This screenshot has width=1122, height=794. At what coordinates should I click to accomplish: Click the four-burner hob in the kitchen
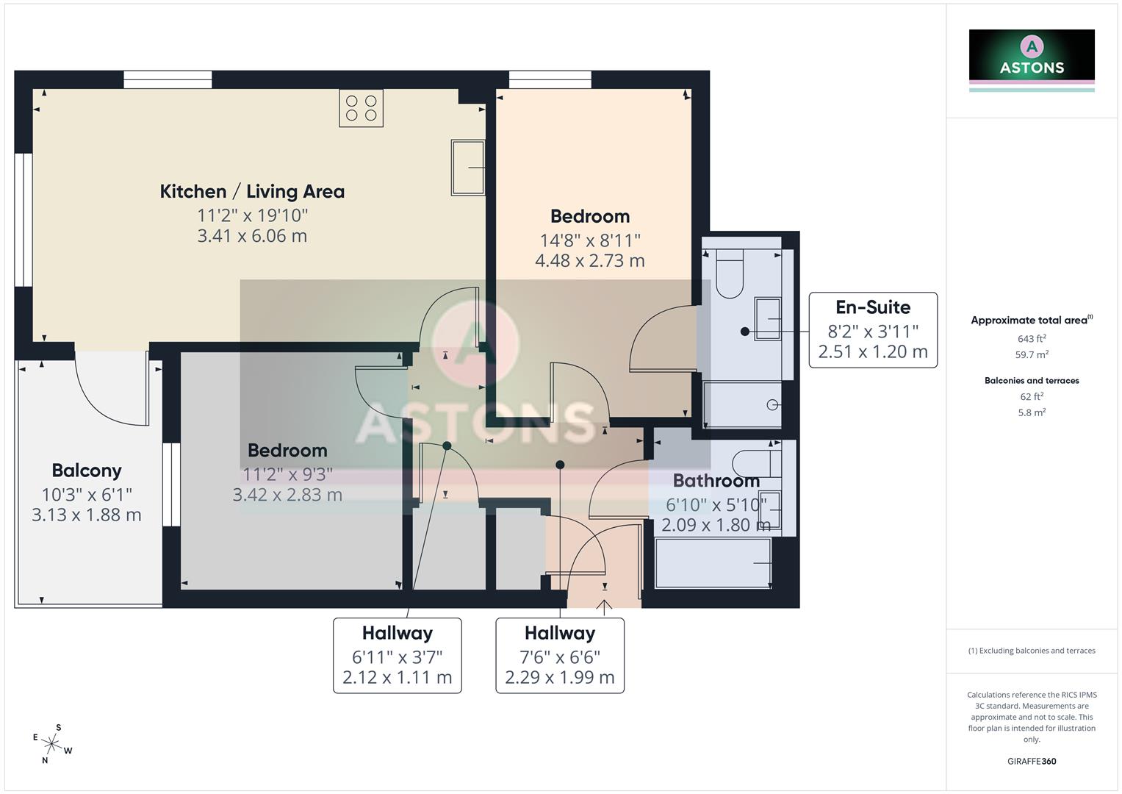361,108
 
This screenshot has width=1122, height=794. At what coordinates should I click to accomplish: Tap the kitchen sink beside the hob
467,168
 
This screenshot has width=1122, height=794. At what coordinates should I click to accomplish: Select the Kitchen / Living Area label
252,191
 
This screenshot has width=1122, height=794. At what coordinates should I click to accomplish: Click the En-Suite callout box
872,329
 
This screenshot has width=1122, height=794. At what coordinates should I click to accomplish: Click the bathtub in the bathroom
712,563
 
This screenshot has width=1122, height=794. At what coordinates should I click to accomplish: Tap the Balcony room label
87,471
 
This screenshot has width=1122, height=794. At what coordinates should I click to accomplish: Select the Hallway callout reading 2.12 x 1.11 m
397,655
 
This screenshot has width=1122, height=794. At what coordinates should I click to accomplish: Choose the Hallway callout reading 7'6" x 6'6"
559,655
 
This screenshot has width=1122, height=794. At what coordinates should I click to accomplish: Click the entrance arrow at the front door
605,607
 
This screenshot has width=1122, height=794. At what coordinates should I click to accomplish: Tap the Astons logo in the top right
1031,57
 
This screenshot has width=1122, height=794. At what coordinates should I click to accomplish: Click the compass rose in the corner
52,743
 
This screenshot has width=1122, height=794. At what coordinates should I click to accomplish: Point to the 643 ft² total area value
1031,339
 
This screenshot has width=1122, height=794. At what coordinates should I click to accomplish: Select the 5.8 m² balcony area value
1031,413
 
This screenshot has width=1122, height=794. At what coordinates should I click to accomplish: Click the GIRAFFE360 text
1031,761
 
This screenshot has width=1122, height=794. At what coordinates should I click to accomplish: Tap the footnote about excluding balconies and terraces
1031,651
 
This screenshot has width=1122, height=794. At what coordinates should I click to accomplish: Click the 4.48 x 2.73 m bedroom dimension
589,260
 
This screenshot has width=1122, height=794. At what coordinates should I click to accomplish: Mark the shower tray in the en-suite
742,404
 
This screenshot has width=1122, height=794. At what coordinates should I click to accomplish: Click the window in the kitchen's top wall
168,79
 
